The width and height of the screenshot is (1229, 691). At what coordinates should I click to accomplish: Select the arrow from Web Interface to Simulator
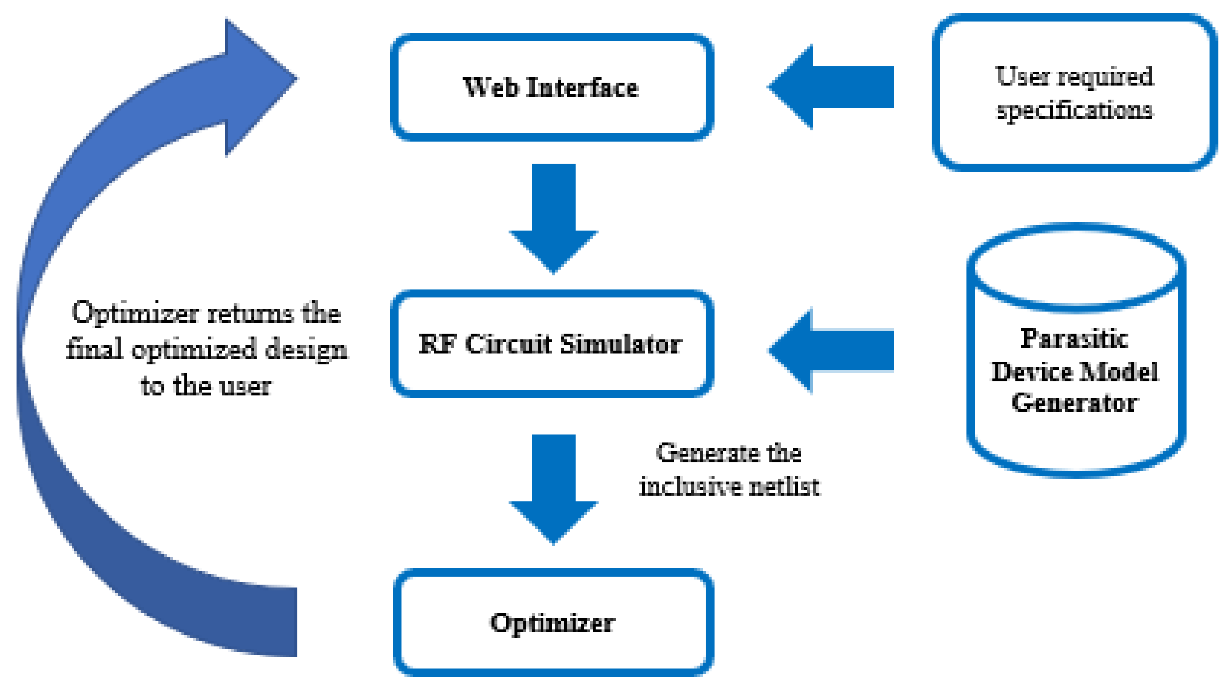[x=553, y=217]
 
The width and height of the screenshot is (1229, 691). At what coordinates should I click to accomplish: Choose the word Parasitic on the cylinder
[x=1074, y=339]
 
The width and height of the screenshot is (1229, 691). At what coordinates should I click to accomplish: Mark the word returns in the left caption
[x=250, y=313]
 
